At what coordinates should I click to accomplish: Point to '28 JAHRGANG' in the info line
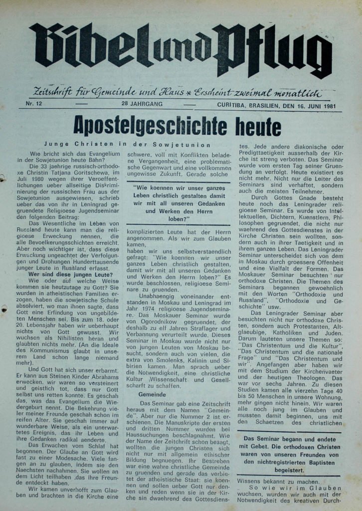coord(142,104)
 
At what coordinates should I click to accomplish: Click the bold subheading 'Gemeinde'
coord(152,394)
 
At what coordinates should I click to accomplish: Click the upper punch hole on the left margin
coord(2,177)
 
